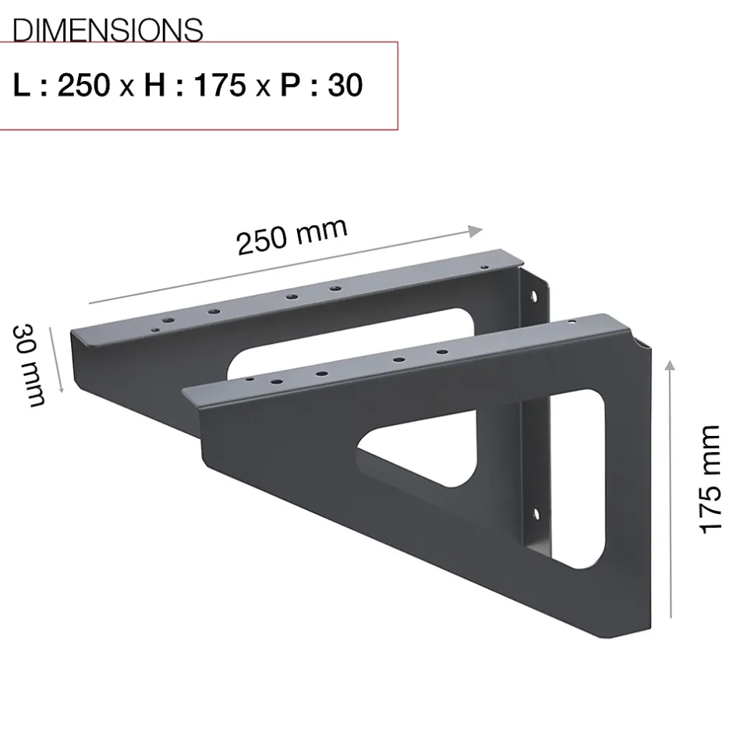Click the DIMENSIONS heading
[x=108, y=30]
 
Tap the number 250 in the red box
[x=84, y=86]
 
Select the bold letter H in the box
[x=154, y=86]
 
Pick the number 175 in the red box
[x=220, y=86]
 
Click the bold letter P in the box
[x=290, y=86]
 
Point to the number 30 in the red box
[x=345, y=86]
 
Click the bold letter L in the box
[x=22, y=86]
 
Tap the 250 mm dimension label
[x=292, y=236]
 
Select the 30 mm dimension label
[x=29, y=365]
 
